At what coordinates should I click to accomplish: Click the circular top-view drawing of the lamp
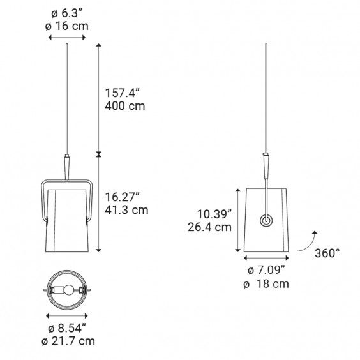tap(67, 289)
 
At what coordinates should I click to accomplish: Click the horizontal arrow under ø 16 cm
tap(67, 38)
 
